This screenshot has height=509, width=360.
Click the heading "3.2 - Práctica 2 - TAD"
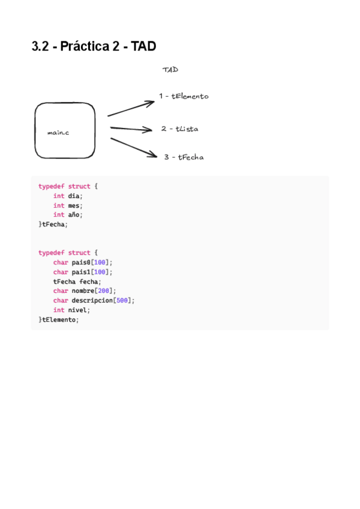coord(94,46)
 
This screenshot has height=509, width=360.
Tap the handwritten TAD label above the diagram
coord(170,70)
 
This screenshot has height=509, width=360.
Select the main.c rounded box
coord(65,131)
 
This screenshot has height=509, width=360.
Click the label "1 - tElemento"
coord(184,96)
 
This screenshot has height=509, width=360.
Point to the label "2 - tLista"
coord(179,129)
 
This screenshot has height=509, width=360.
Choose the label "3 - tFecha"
coord(184,157)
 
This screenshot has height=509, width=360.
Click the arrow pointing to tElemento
coord(131,108)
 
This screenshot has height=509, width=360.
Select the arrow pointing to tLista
coord(131,128)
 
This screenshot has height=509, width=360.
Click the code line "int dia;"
coord(67,196)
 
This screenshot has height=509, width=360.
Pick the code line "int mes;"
coord(67,205)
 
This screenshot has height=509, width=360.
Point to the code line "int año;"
coord(67,214)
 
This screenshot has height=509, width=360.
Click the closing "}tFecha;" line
coord(53,224)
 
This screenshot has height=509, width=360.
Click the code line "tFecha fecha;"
coord(77,282)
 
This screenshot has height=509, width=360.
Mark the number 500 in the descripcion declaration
coord(123,301)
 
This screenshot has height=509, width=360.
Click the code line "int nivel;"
coord(71,310)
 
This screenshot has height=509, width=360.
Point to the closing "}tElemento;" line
coord(59,319)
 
